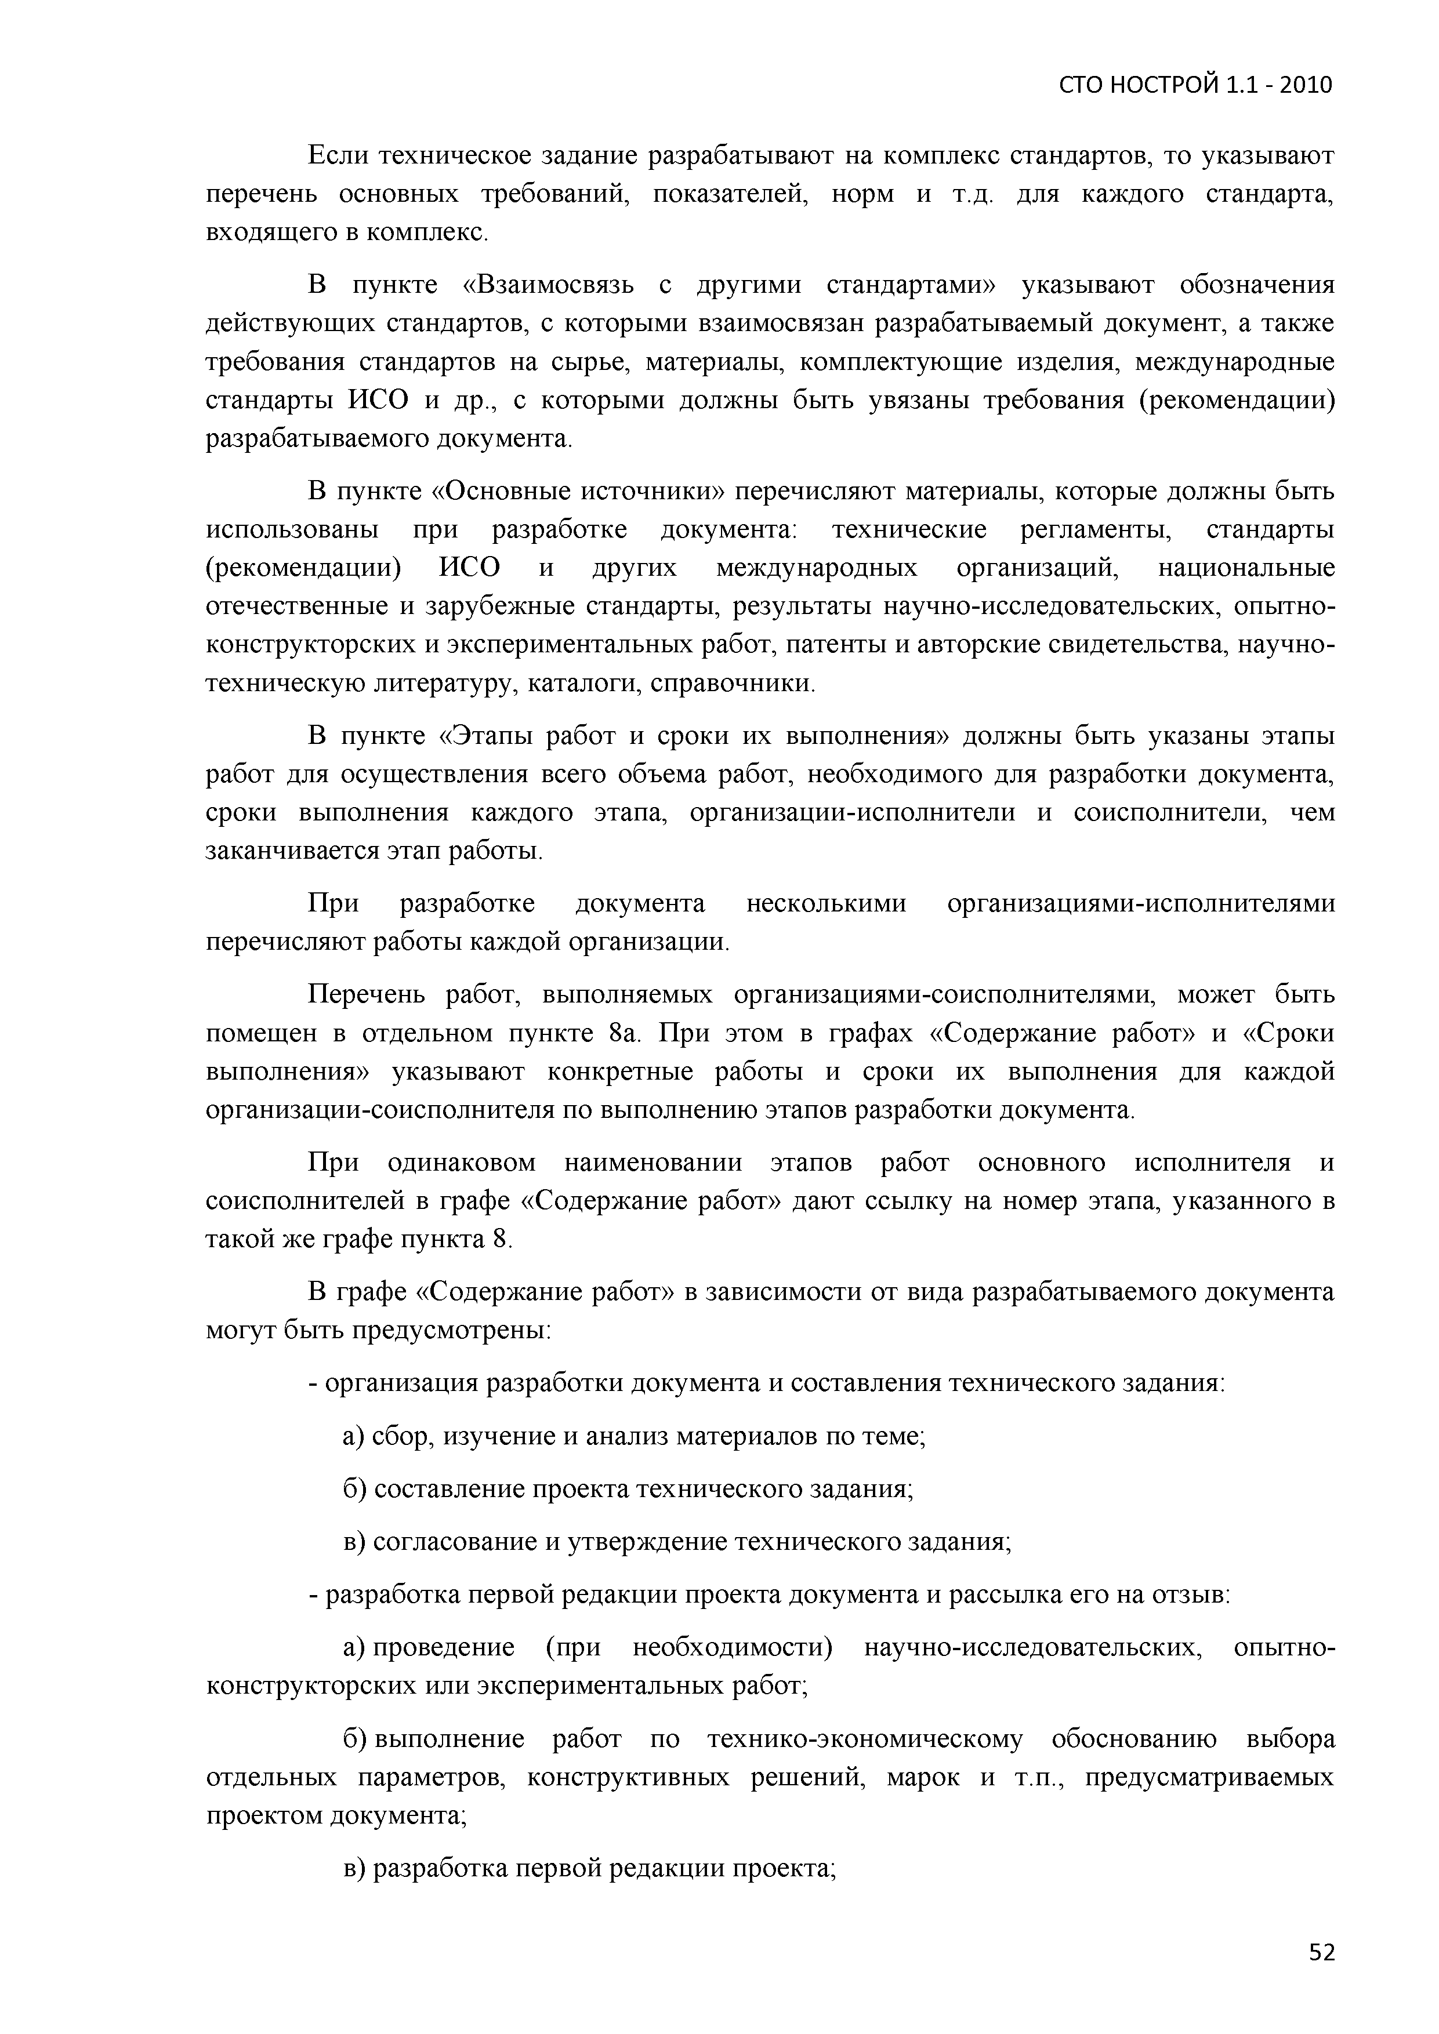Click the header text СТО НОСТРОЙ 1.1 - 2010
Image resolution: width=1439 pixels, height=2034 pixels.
pyautogui.click(x=1195, y=85)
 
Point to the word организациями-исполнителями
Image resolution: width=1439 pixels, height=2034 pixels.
pyautogui.click(x=1140, y=903)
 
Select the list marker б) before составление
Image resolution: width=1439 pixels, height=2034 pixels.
pyautogui.click(x=354, y=1488)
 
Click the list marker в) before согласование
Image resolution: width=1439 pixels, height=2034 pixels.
pyautogui.click(x=354, y=1542)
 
